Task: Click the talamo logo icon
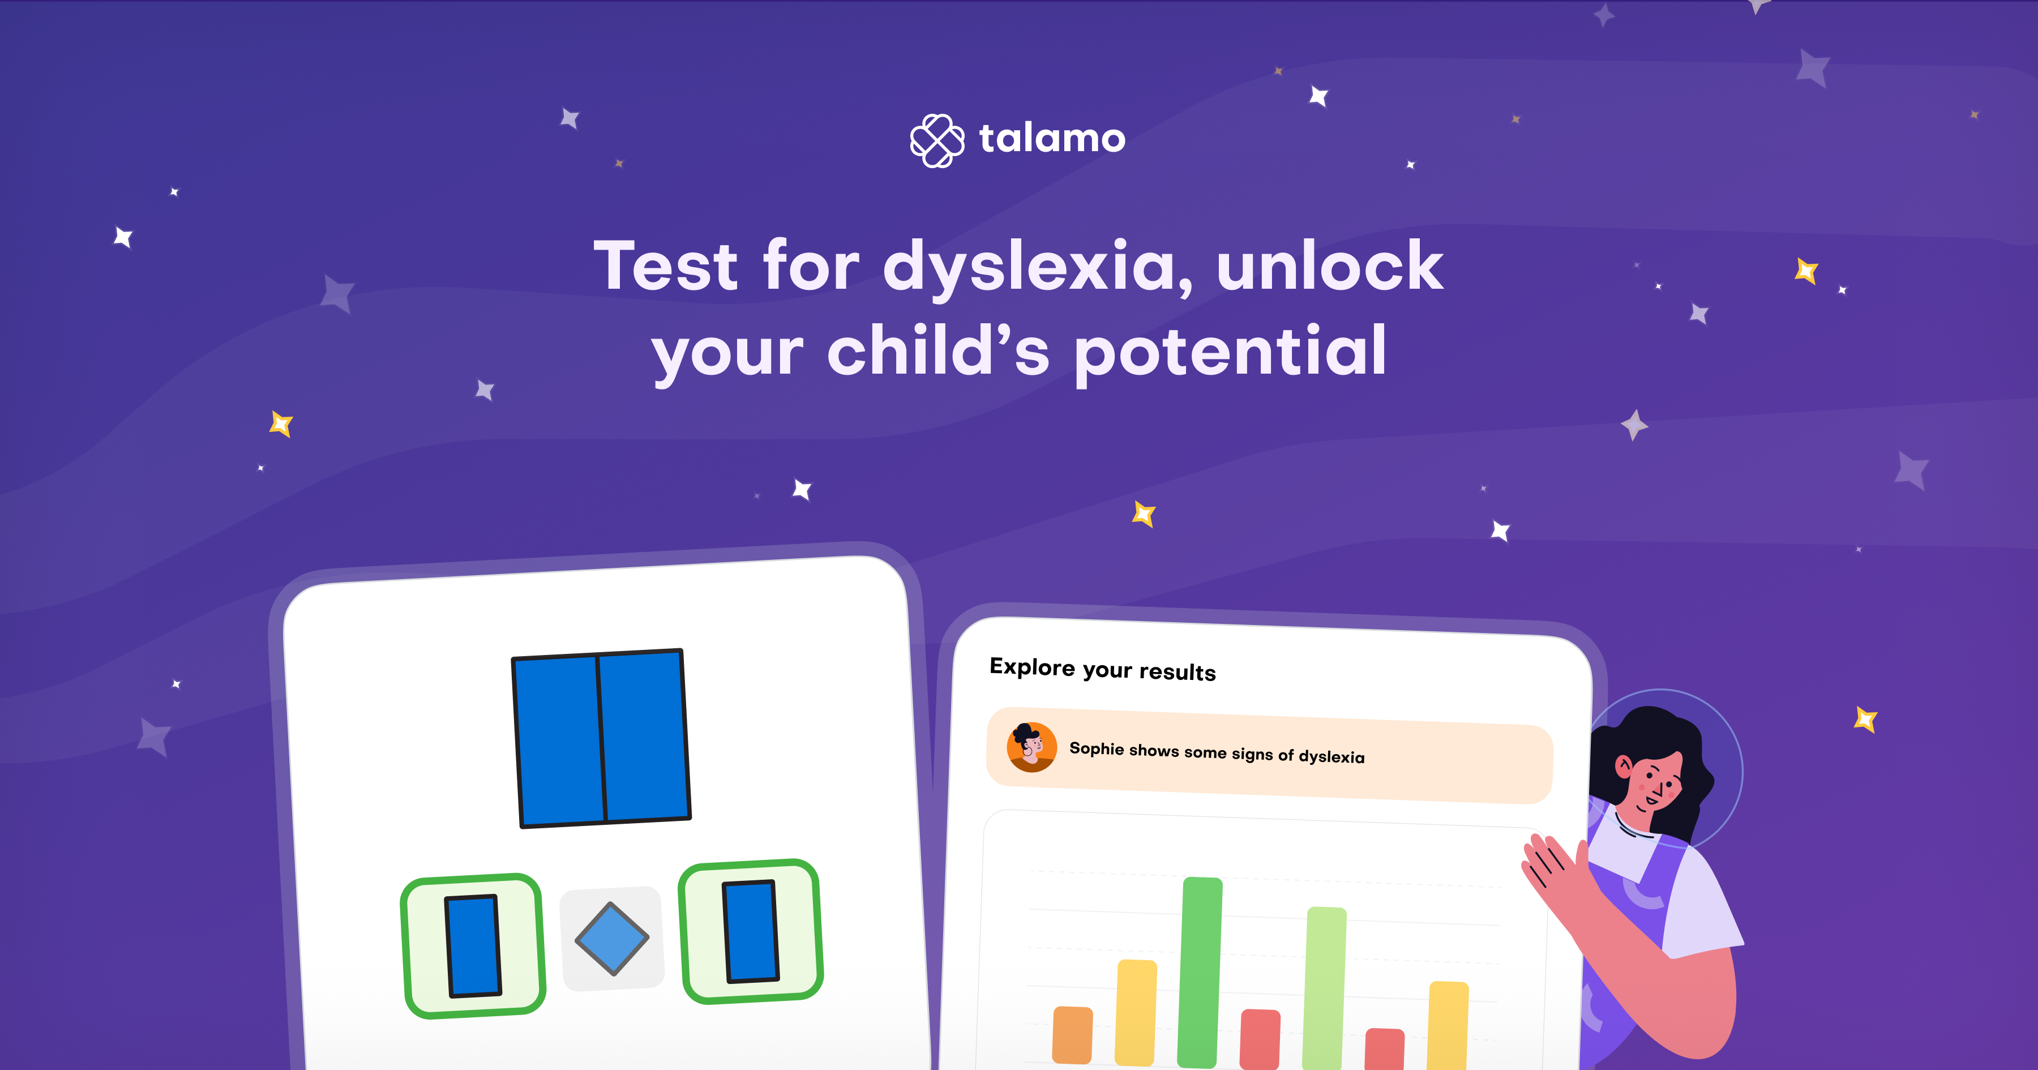click(937, 140)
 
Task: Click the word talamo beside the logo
click(1052, 139)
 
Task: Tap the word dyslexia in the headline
click(1037, 267)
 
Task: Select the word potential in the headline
click(1230, 352)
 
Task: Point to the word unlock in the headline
click(1330, 266)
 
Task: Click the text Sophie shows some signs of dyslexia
click(1217, 752)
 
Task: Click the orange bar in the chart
click(1072, 1034)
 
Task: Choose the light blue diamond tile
click(611, 939)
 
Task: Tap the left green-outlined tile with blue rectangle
click(473, 946)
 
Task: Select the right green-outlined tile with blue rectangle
click(751, 931)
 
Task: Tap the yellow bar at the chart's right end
click(1447, 1025)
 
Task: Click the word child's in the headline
click(938, 352)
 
